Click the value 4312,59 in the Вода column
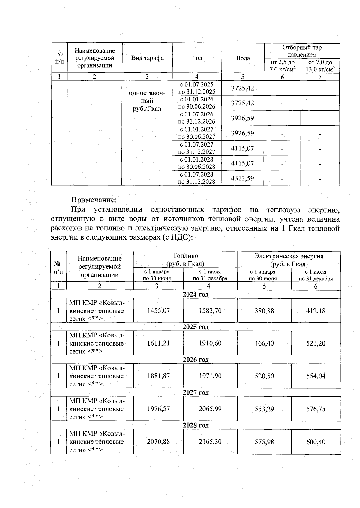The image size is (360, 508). pyautogui.click(x=242, y=178)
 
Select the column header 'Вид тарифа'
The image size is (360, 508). pyautogui.click(x=147, y=58)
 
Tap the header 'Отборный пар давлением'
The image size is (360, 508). pyautogui.click(x=302, y=51)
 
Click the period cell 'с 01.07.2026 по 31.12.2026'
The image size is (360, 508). pyautogui.click(x=197, y=118)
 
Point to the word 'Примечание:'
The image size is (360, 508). pyautogui.click(x=94, y=200)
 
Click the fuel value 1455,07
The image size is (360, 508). pyautogui.click(x=158, y=311)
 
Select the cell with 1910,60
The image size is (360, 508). pyautogui.click(x=210, y=343)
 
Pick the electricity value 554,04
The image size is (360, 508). pyautogui.click(x=316, y=376)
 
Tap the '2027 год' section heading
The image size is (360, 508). pyautogui.click(x=196, y=392)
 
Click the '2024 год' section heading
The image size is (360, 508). pyautogui.click(x=196, y=295)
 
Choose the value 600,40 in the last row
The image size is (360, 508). pyautogui.click(x=316, y=442)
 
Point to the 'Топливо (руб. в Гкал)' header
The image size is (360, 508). pyautogui.click(x=185, y=260)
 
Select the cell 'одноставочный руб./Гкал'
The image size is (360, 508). pyautogui.click(x=147, y=101)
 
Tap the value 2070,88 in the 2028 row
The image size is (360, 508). pyautogui.click(x=158, y=442)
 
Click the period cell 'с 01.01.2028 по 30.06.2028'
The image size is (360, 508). pyautogui.click(x=197, y=163)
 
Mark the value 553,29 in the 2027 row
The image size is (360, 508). pyautogui.click(x=264, y=409)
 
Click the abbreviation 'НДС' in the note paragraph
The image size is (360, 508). pyautogui.click(x=179, y=237)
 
